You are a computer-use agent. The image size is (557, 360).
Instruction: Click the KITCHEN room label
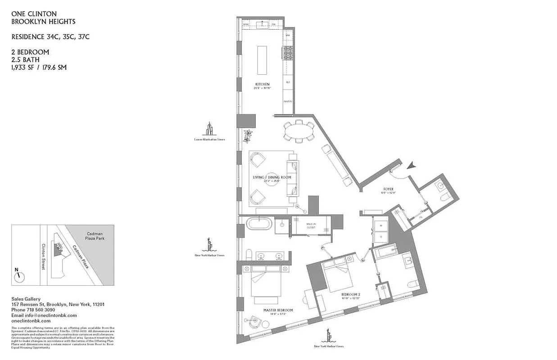tap(262, 84)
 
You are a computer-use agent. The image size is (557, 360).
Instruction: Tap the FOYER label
tap(388, 190)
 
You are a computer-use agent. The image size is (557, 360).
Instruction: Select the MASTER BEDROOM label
tap(278, 310)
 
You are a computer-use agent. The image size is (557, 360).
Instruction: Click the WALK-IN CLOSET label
tap(311, 225)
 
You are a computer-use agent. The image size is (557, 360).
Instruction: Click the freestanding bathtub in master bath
tap(259, 224)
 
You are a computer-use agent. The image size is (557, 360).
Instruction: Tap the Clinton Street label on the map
tap(44, 256)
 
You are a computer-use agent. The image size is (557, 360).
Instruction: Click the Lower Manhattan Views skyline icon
tap(209, 130)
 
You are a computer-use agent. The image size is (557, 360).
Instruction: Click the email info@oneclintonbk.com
tap(44, 315)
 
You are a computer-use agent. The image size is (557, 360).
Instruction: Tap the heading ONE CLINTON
tap(34, 14)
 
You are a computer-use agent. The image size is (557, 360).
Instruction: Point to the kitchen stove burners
tap(287, 54)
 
